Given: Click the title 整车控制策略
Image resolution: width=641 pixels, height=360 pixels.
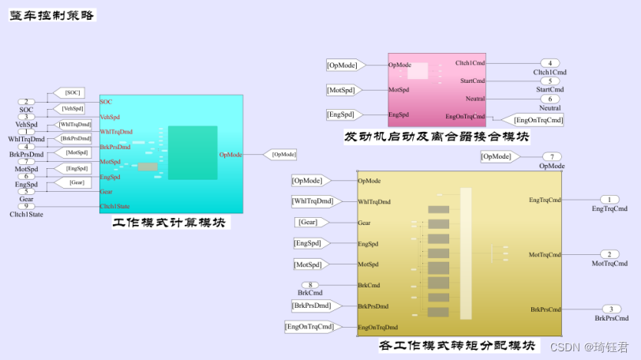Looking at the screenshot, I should pos(52,13).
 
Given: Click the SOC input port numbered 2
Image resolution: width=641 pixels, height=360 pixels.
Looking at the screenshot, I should pos(26,102).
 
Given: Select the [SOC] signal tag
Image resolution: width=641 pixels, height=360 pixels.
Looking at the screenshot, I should pos(68,93).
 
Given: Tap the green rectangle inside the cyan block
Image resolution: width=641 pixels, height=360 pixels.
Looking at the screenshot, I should pos(192,152).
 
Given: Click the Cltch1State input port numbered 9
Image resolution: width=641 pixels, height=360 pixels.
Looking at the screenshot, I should pos(26,207).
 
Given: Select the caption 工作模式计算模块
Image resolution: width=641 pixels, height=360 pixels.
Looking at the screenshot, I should pos(170,223).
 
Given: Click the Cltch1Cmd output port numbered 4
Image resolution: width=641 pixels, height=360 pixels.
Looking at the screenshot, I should pos(549,63).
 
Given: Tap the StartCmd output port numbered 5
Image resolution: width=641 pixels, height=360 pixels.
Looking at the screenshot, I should pos(549,81).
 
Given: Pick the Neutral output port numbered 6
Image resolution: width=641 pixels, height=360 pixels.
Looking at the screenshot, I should pos(549,99).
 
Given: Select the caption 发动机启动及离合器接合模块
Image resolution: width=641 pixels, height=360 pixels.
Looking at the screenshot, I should pos(436,137).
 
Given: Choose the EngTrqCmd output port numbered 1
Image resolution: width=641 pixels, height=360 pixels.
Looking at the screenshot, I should pos(609,200).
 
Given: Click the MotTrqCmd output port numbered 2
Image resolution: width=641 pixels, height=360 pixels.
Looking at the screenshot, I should pos(609,254).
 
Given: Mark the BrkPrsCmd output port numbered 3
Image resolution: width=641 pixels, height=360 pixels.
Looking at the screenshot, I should pos(609,309).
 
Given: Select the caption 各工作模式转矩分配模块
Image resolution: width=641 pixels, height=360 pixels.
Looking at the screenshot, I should pos(457,346).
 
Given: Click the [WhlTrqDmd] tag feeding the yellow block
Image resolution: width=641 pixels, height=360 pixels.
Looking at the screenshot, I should pos(313,201).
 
